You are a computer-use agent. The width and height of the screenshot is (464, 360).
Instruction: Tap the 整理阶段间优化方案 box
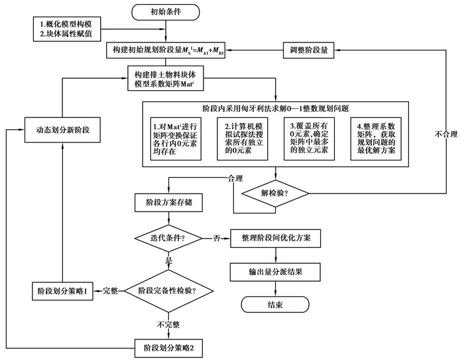pos(274,237)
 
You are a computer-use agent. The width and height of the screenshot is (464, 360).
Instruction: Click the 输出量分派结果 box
pos(274,270)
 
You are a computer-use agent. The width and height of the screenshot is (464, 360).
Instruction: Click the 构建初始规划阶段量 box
pos(166,49)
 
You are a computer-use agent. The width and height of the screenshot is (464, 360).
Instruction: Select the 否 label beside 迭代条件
pos(216,237)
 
